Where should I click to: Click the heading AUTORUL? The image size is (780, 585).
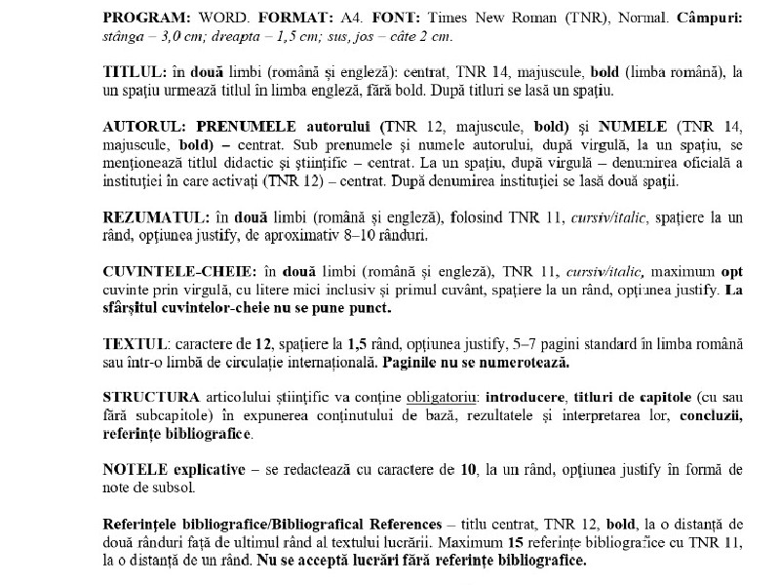pyautogui.click(x=145, y=126)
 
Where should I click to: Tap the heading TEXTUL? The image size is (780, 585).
pyautogui.click(x=132, y=344)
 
